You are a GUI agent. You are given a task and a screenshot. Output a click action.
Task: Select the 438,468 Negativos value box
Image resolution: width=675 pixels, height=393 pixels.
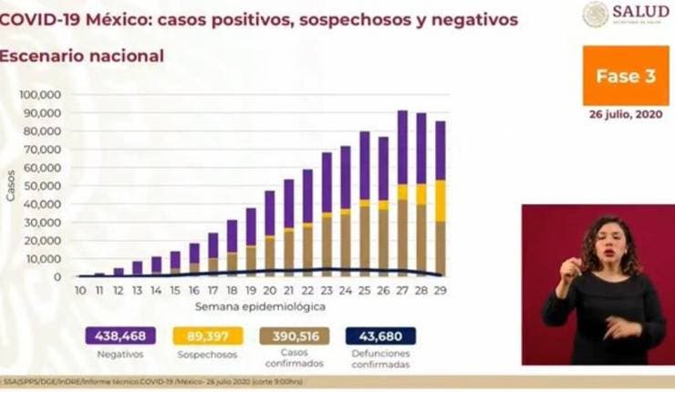(119, 336)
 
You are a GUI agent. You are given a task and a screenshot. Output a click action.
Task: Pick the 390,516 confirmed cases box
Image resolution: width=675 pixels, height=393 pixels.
(295, 336)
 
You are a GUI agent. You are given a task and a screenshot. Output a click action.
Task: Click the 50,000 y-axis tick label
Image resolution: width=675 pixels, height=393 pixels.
(42, 186)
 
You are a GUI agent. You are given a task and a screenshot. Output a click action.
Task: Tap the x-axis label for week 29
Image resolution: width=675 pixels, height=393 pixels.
(441, 290)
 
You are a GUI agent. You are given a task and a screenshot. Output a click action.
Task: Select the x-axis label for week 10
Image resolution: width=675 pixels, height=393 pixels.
(80, 290)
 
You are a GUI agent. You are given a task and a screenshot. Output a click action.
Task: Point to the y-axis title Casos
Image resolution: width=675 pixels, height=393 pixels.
(11, 185)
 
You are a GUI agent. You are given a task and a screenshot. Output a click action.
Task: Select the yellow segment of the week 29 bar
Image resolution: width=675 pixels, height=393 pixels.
(441, 201)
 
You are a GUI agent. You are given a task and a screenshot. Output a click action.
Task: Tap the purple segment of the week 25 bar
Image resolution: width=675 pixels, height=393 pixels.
(364, 164)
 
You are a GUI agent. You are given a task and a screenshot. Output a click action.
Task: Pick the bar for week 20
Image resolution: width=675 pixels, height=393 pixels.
(269, 233)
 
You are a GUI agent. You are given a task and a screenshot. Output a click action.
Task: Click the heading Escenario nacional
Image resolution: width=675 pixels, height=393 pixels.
(82, 56)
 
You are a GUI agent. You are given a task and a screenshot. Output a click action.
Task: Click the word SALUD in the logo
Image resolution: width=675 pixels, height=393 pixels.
(641, 11)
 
